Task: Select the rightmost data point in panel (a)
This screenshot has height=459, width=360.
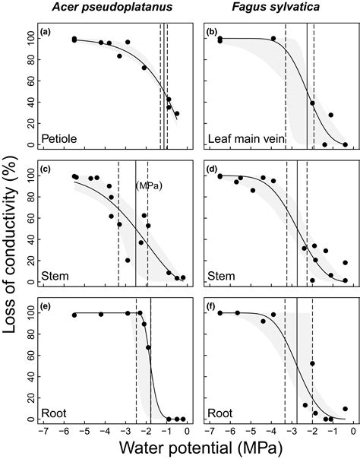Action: (x=177, y=114)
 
